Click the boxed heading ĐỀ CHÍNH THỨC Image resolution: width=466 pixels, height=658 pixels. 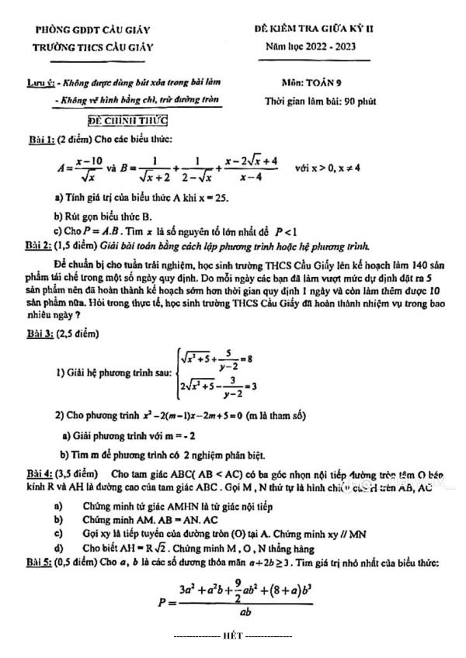[x=127, y=120]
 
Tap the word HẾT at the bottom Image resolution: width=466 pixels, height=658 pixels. [x=232, y=635]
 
